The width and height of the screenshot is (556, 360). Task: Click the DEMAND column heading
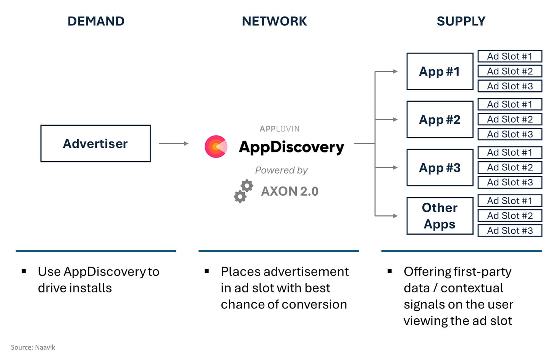click(x=96, y=21)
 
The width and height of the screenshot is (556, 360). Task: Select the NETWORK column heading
click(x=274, y=21)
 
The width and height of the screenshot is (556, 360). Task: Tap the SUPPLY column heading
click(x=461, y=21)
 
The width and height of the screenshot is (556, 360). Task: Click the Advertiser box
click(x=95, y=143)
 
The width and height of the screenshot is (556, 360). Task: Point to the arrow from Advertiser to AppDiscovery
click(x=173, y=143)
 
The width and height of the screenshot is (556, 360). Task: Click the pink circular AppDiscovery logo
click(x=216, y=147)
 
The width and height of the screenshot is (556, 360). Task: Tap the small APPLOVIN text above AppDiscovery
click(x=280, y=129)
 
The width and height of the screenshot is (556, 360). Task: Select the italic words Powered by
click(x=281, y=170)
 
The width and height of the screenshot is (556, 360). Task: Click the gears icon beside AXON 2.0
click(x=244, y=191)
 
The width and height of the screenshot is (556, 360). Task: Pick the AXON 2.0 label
click(x=290, y=191)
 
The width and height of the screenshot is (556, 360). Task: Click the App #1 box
click(x=440, y=71)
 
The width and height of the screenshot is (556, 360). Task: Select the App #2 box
click(x=440, y=120)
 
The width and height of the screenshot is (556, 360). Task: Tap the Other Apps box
click(x=440, y=216)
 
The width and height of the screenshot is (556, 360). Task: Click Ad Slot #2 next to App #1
click(x=510, y=71)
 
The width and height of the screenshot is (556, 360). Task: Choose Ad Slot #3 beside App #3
click(x=510, y=182)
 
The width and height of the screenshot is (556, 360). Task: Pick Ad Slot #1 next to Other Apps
click(x=510, y=201)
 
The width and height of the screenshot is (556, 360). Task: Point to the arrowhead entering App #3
click(x=395, y=168)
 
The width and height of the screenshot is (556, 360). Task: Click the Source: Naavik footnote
click(x=33, y=347)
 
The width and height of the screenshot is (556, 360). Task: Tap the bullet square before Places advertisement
click(x=207, y=271)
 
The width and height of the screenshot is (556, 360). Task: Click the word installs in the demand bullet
click(x=91, y=288)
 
